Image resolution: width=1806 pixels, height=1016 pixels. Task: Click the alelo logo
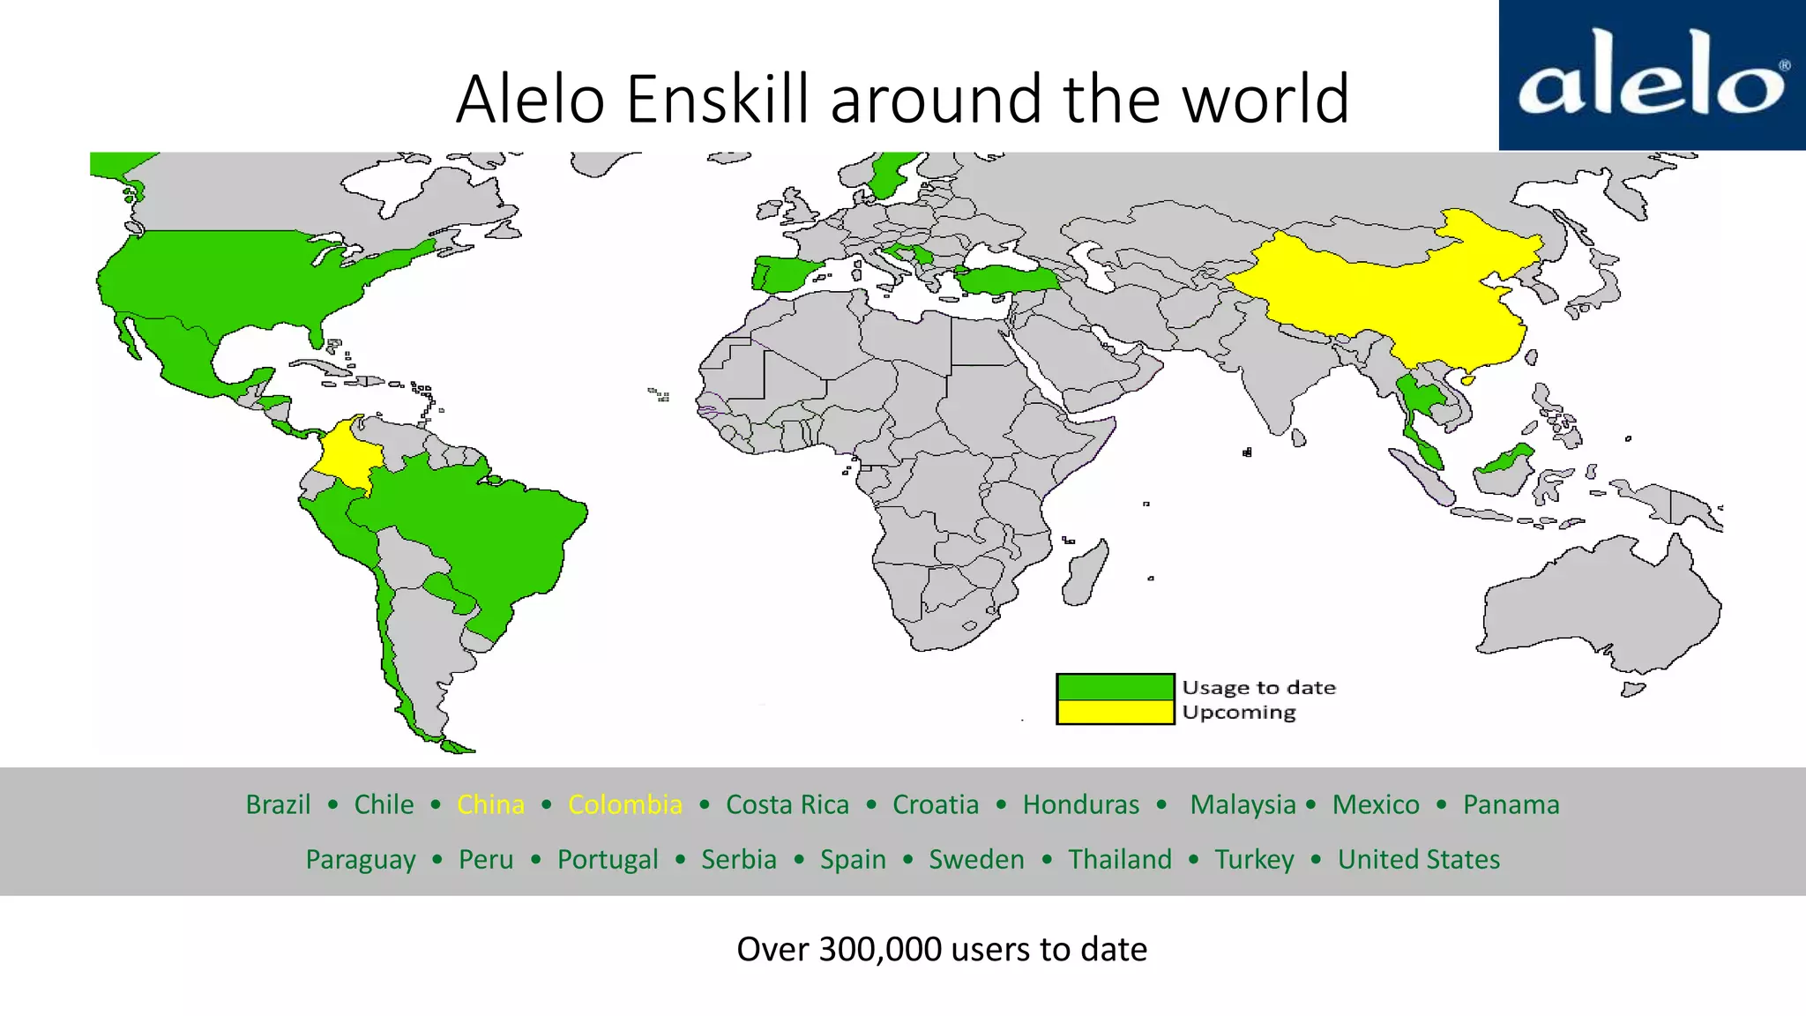tap(1652, 75)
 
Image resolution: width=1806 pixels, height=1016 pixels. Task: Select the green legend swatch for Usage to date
tap(1115, 687)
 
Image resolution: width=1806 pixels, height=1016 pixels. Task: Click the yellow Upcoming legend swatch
tap(1115, 712)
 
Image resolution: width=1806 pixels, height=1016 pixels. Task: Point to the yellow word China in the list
tap(490, 804)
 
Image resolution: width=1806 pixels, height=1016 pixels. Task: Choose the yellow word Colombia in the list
tap(624, 804)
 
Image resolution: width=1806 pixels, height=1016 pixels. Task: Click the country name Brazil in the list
tap(278, 804)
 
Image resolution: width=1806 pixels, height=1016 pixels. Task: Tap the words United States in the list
tap(1418, 859)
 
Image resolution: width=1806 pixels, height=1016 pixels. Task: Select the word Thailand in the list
tap(1119, 859)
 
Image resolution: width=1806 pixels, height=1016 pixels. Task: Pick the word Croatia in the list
tap(935, 804)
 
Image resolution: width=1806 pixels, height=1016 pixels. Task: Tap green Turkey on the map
tap(1005, 280)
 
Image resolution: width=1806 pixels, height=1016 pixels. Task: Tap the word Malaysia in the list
tap(1243, 804)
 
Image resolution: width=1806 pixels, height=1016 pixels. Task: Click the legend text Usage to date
tap(1258, 687)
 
